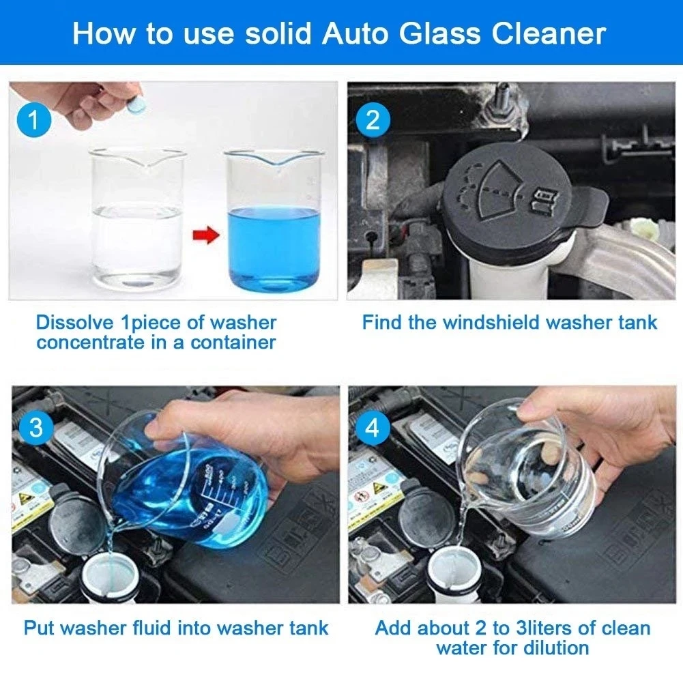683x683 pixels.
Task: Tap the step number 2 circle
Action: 373,121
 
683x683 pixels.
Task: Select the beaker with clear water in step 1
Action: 136,218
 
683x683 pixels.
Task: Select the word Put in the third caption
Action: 39,628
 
